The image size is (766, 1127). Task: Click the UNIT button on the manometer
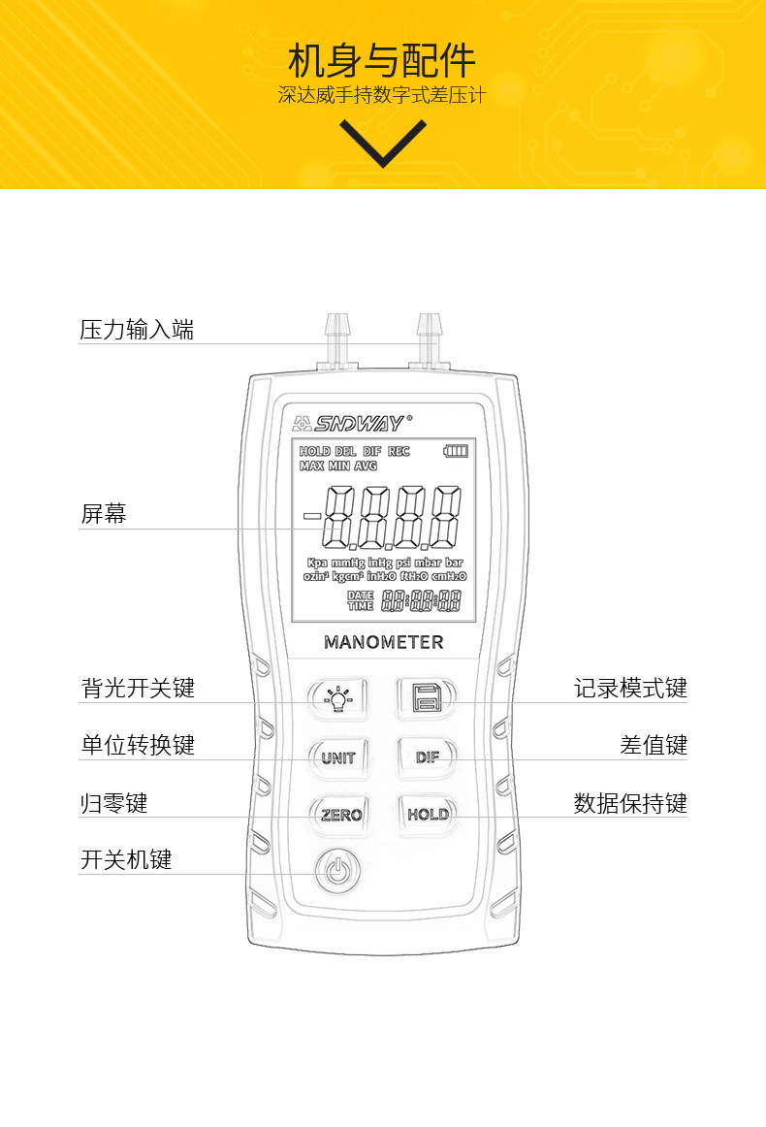tap(337, 757)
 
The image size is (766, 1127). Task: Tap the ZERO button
tap(340, 815)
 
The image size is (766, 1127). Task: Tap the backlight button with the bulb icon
tap(337, 697)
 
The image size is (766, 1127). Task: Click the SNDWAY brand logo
tap(352, 422)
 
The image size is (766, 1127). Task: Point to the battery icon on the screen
tap(456, 451)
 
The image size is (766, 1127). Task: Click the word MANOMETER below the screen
tap(383, 642)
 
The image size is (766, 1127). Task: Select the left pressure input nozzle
tap(337, 339)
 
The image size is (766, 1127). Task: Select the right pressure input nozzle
tap(428, 339)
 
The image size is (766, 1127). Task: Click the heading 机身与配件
tap(382, 61)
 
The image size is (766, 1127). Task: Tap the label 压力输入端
tap(137, 330)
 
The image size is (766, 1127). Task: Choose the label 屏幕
tap(103, 514)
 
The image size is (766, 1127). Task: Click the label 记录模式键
tap(630, 689)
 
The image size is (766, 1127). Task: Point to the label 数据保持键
tap(630, 803)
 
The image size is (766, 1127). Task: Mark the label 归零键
tap(113, 803)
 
